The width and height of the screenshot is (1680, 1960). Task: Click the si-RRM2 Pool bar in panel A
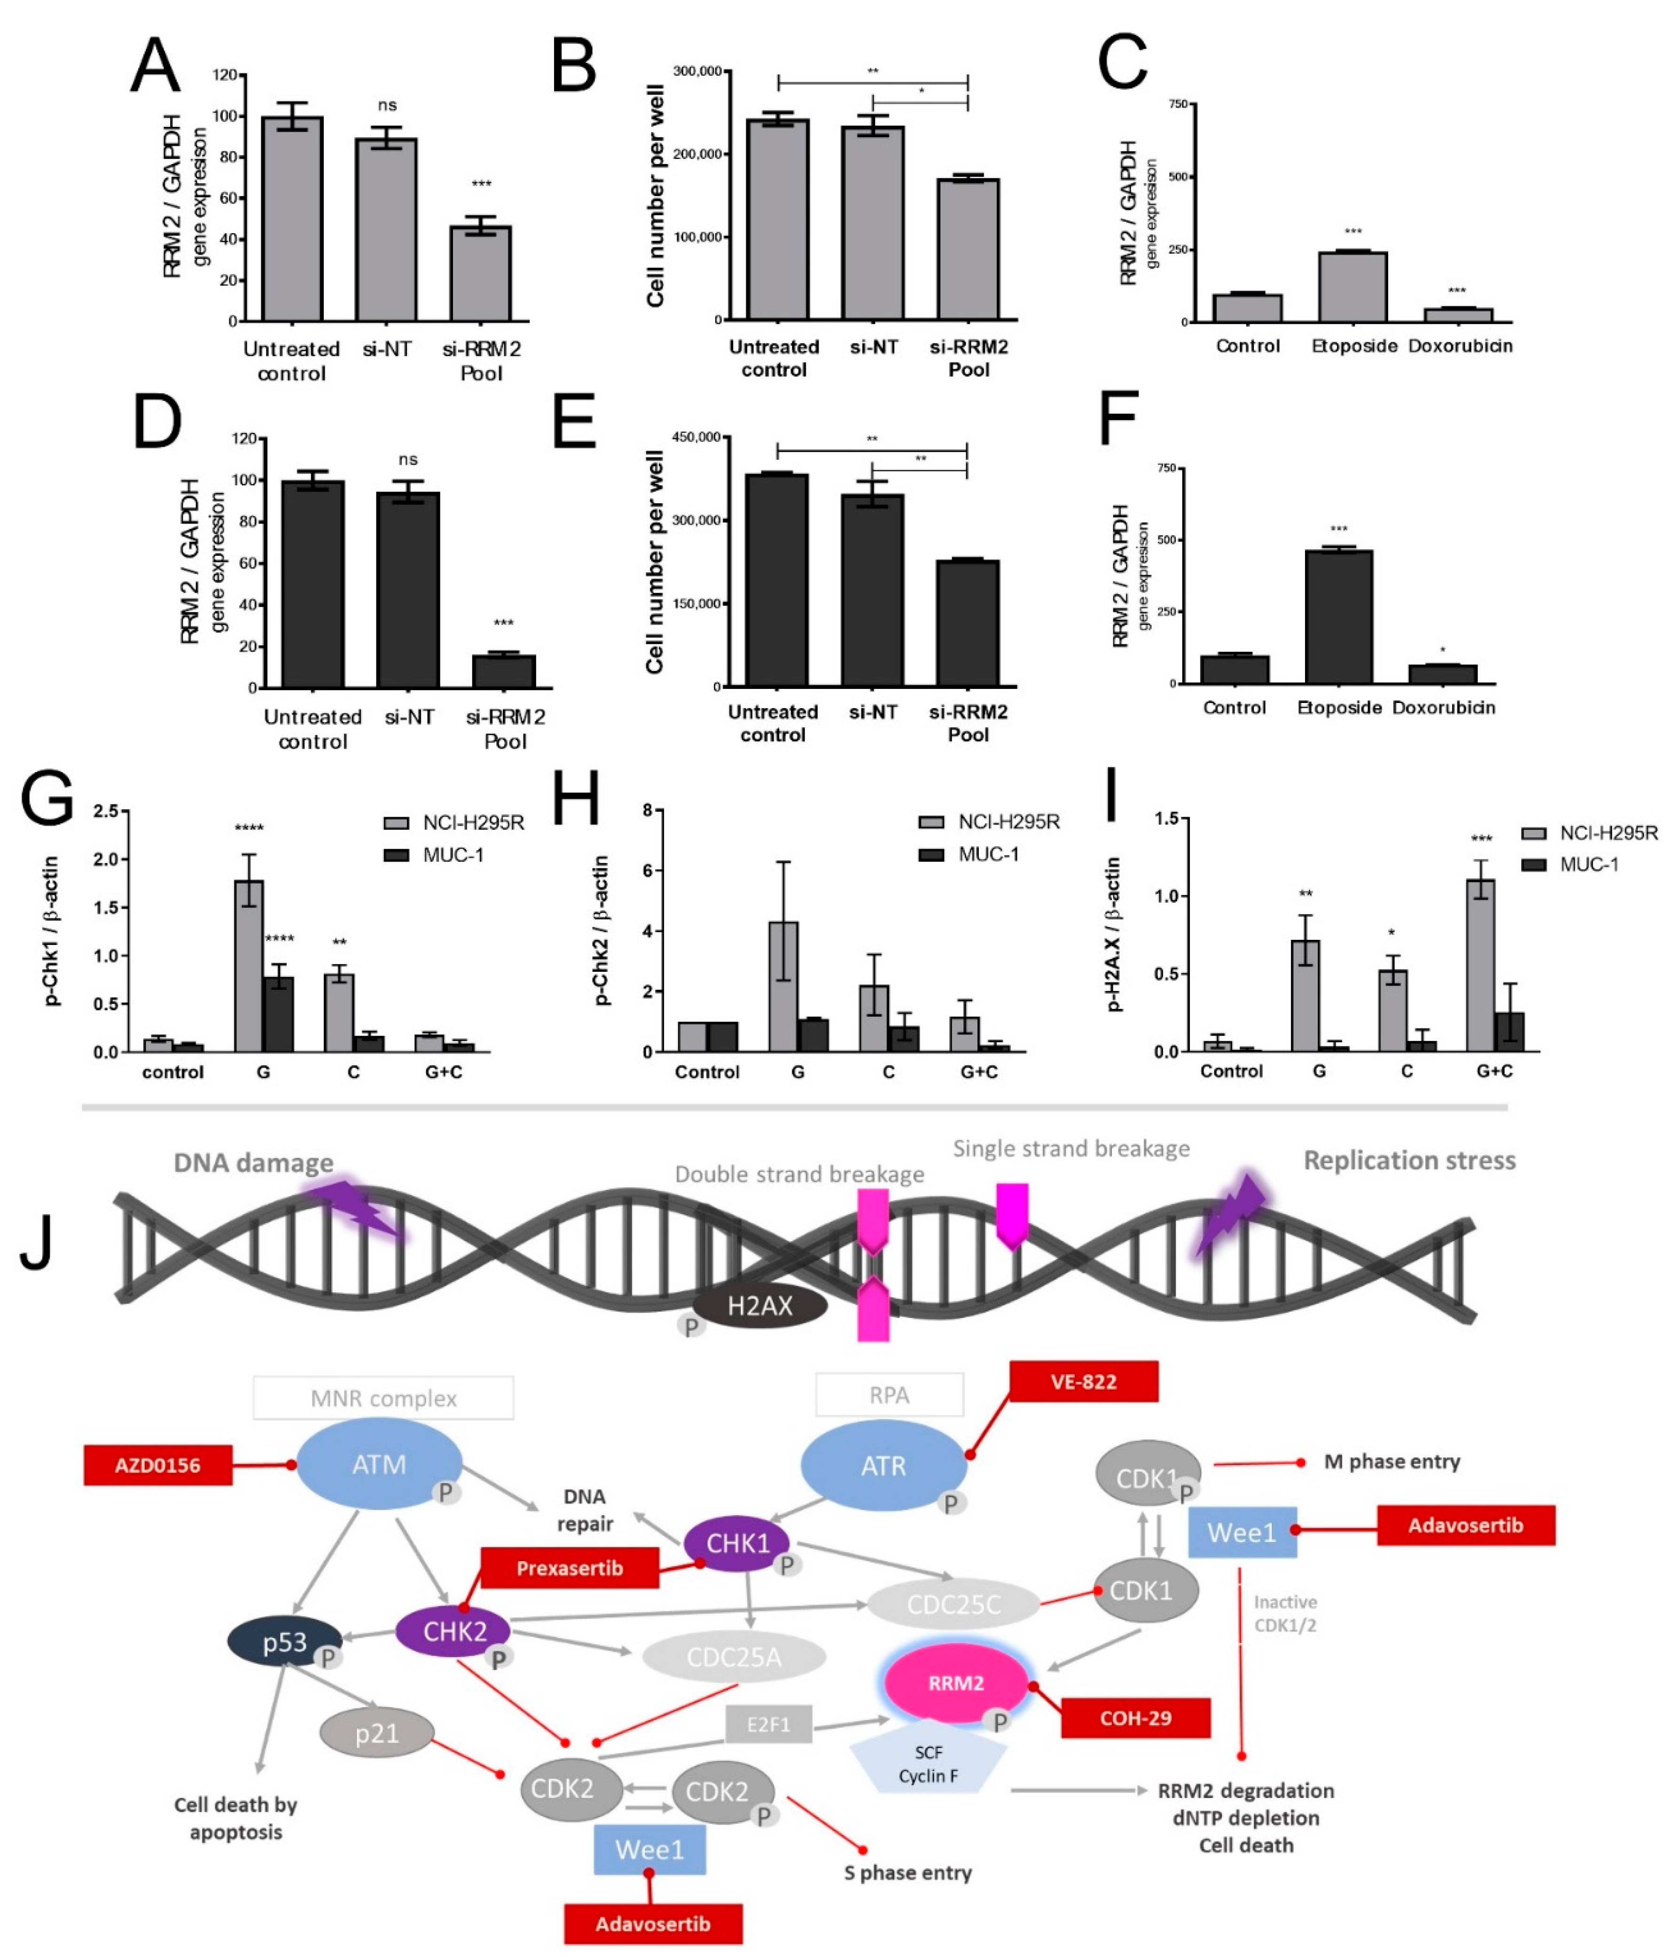(x=481, y=274)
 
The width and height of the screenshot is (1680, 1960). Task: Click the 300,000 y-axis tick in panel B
(x=697, y=71)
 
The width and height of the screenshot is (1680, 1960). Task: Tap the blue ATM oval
(x=379, y=1465)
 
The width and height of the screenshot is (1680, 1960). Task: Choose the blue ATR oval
(x=883, y=1466)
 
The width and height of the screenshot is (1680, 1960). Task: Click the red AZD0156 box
(x=158, y=1465)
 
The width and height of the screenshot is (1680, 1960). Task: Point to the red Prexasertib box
(x=570, y=1569)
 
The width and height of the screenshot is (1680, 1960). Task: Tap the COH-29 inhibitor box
(x=1135, y=1718)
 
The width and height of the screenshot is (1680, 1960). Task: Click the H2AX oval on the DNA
(x=759, y=1306)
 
